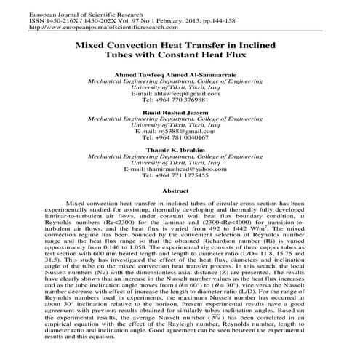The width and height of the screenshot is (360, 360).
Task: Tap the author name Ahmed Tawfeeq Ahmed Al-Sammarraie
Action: tap(180, 76)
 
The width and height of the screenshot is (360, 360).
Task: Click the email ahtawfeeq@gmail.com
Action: tap(180, 95)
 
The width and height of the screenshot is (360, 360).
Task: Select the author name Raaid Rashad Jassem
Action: tap(180, 116)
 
